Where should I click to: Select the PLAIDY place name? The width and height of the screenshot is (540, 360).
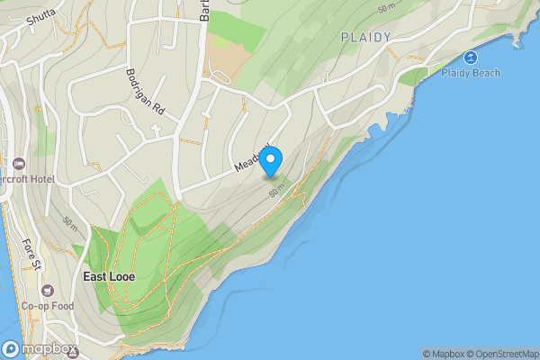point(366,37)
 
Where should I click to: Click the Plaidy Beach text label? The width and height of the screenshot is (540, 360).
point(471,73)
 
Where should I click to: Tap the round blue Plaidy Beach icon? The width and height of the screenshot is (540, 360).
point(470,58)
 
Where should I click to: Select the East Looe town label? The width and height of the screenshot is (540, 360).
point(109,276)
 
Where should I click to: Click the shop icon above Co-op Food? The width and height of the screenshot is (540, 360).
point(47,291)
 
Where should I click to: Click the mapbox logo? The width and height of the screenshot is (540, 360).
point(37,348)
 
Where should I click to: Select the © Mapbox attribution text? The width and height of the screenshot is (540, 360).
point(443,354)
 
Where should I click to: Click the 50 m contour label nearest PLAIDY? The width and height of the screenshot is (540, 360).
point(385,7)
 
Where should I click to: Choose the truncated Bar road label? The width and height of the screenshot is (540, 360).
point(204,10)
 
